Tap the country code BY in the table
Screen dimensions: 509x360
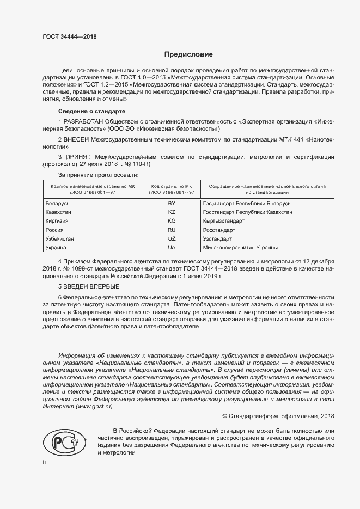tap(172, 203)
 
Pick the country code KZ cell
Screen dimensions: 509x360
tap(172, 212)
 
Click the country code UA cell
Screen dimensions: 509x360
tap(172, 248)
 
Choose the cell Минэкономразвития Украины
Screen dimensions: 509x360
tap(240, 248)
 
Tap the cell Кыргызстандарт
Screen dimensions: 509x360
tap(224, 221)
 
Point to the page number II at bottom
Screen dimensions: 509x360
tap(45, 463)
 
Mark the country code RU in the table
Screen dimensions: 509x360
tap(172, 230)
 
